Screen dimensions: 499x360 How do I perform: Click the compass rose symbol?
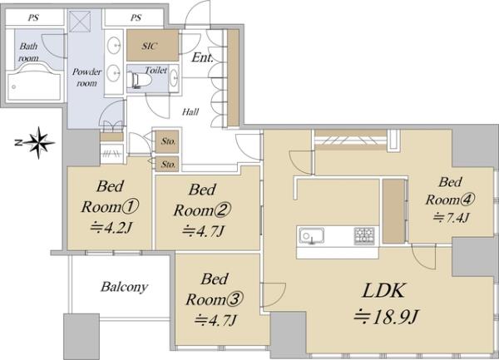pos(38,143)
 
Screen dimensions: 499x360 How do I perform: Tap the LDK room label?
pos(384,291)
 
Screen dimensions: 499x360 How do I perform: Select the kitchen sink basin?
pos(311,236)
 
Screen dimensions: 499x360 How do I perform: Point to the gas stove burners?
pos(364,236)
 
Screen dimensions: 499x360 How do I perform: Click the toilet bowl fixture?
pos(139,80)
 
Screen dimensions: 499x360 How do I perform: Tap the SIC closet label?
pos(149,46)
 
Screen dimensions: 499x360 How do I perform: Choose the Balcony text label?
pos(125,287)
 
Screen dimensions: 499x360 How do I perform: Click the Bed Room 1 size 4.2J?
pos(111,228)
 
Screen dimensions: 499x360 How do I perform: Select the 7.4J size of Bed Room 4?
pos(451,218)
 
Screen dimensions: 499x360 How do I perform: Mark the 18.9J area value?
pos(386,317)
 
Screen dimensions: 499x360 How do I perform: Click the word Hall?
pos(190,111)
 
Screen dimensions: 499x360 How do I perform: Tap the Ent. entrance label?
pos(202,57)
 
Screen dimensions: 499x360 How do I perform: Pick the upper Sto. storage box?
pos(167,141)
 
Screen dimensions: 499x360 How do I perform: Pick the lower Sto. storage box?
pos(167,164)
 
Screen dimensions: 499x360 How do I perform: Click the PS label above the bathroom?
pos(33,17)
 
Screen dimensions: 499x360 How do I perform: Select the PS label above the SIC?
pos(136,17)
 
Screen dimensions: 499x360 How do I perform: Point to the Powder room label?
pos(86,77)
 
